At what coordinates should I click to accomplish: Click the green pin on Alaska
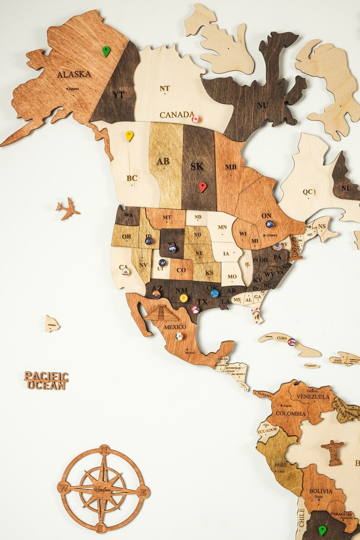click(106, 51)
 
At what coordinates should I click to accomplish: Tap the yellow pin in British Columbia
click(129, 136)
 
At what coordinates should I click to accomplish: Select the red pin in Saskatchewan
click(202, 186)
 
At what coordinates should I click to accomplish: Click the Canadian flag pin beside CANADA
click(195, 119)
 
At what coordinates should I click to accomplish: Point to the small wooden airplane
click(68, 209)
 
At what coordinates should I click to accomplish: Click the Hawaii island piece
click(52, 324)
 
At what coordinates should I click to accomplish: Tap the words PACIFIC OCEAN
click(46, 380)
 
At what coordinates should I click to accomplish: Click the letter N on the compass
click(104, 450)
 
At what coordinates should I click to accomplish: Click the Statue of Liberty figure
click(295, 248)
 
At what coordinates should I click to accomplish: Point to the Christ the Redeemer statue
click(333, 452)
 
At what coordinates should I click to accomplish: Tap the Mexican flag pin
click(179, 336)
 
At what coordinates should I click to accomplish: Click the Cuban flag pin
click(291, 341)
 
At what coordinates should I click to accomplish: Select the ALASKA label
click(74, 74)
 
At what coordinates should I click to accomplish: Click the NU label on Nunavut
click(263, 105)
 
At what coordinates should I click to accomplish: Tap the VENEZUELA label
click(313, 397)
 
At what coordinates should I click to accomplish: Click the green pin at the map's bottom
click(322, 530)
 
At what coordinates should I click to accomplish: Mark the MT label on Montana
click(167, 218)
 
